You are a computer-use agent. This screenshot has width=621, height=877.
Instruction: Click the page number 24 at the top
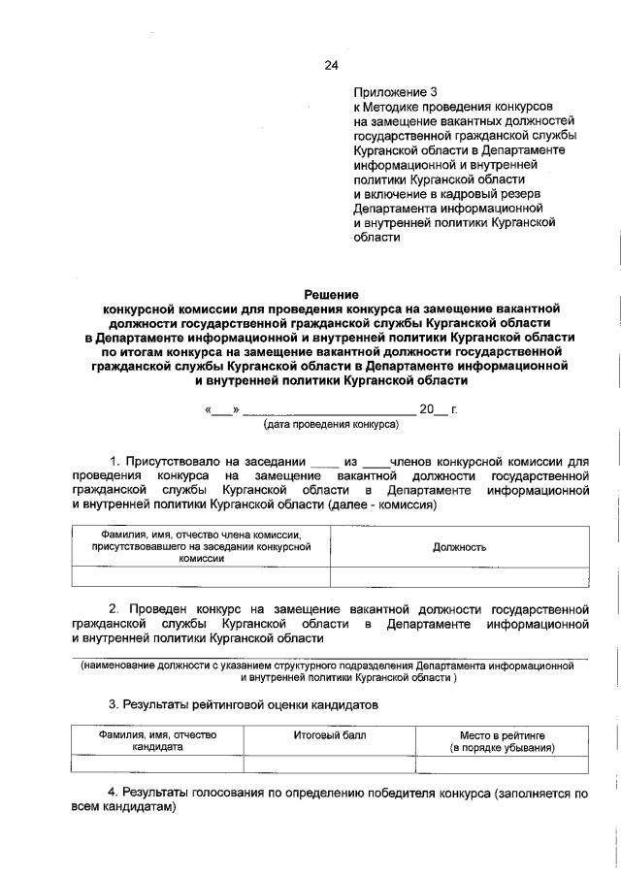[331, 66]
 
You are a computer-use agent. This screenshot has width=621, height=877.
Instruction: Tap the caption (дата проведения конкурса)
[331, 425]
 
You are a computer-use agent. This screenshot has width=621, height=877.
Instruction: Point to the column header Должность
[459, 547]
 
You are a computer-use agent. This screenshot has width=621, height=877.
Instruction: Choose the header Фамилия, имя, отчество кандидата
[157, 742]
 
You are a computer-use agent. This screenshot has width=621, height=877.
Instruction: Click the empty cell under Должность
[459, 577]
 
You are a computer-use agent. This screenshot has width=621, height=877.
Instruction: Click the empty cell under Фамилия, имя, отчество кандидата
[157, 763]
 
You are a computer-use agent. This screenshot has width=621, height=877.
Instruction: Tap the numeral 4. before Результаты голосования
[113, 793]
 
